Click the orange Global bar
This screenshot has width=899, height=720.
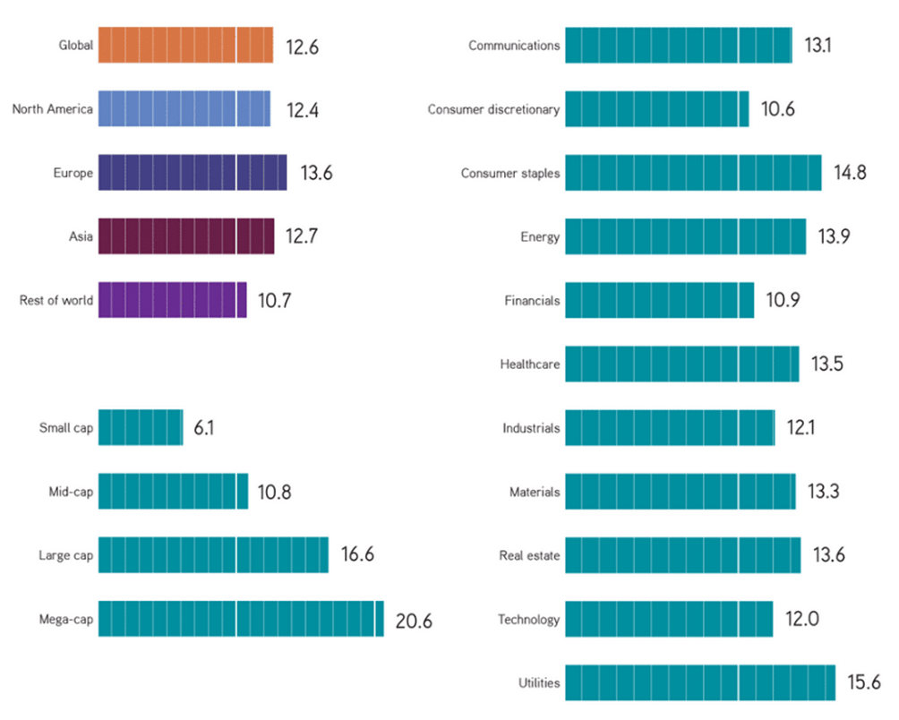[185, 45]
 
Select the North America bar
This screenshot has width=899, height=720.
[184, 109]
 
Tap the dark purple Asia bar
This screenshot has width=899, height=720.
[186, 236]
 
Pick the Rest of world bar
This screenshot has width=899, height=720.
[172, 300]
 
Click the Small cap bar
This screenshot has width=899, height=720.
[141, 428]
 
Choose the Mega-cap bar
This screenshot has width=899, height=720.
[241, 619]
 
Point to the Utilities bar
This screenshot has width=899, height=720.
[699, 682]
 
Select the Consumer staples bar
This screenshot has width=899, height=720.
[693, 173]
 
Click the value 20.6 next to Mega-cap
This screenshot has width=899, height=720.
[413, 621]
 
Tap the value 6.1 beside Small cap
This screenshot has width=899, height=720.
[203, 428]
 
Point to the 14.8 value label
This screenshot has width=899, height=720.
[849, 173]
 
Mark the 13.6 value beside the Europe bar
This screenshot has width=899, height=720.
[316, 173]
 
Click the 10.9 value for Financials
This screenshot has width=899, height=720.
[782, 301]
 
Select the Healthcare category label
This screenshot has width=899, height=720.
[529, 364]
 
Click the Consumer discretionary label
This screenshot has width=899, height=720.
[493, 110]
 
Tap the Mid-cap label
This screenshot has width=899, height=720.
[71, 492]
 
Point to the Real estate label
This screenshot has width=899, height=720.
[529, 556]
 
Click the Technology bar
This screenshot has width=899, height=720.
[669, 619]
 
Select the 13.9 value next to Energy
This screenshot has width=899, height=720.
[835, 237]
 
